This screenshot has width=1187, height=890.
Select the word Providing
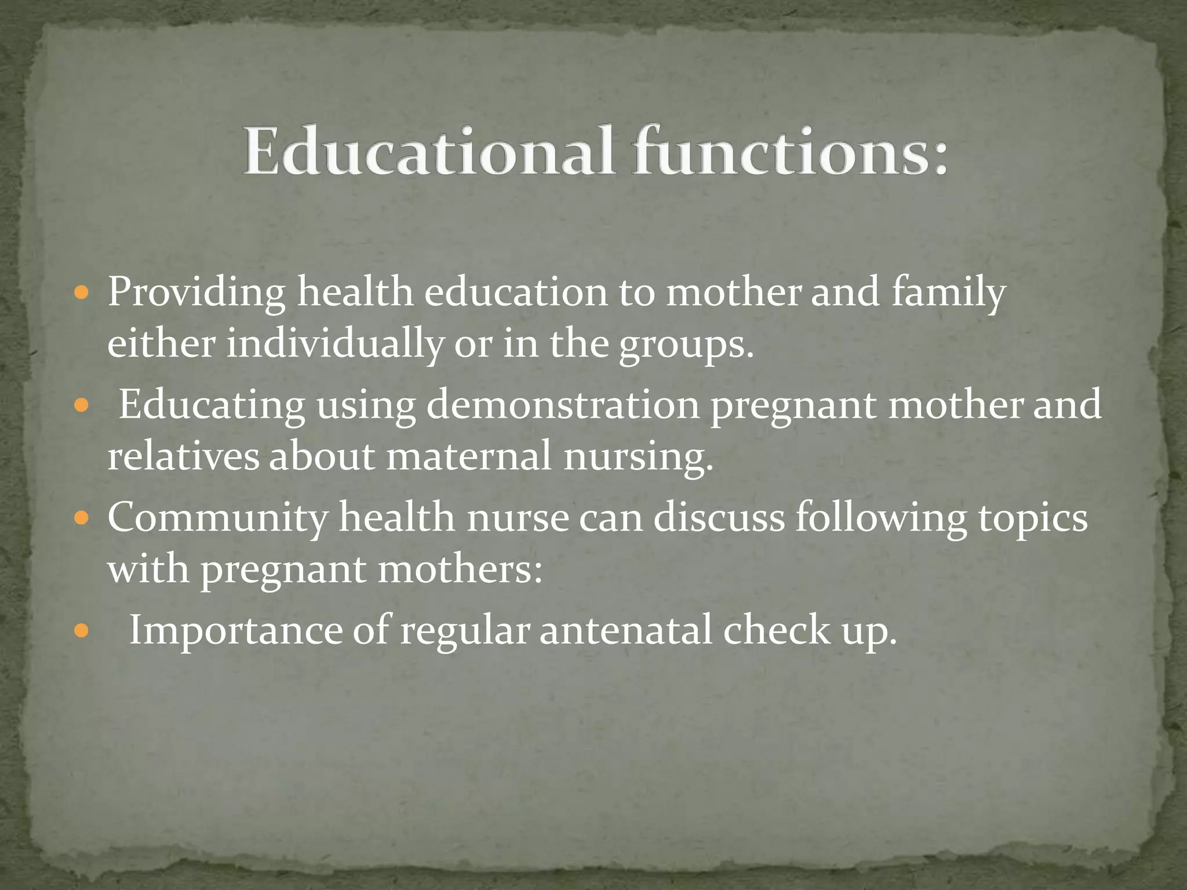196,293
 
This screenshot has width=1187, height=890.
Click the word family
948,293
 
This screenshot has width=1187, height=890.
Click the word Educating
212,404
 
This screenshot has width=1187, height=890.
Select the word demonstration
563,404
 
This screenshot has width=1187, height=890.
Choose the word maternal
468,456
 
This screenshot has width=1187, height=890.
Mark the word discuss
719,517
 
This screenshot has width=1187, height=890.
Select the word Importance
235,630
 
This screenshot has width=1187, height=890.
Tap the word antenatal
625,630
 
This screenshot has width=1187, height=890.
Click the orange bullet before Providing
82,292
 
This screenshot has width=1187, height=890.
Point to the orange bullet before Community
82,517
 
